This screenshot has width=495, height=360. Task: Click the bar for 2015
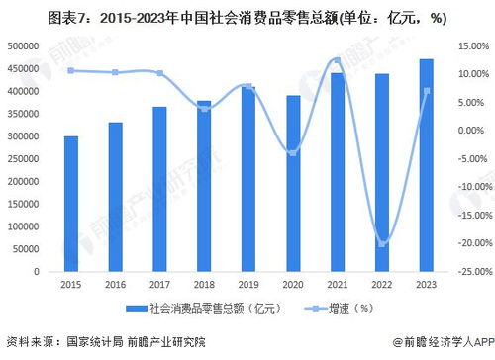point(71,203)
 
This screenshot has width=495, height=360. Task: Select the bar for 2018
point(203,185)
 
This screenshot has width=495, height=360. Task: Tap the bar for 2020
point(293,183)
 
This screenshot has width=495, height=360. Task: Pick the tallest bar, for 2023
point(427,164)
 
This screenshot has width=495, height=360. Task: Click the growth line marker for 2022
point(382,243)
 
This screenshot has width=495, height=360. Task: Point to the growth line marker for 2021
point(338,60)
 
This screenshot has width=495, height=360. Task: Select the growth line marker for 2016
point(115,72)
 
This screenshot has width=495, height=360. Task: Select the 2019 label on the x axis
point(248,284)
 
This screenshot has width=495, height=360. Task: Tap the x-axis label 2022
point(382,284)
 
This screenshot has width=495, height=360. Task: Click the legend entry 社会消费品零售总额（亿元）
point(210,309)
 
